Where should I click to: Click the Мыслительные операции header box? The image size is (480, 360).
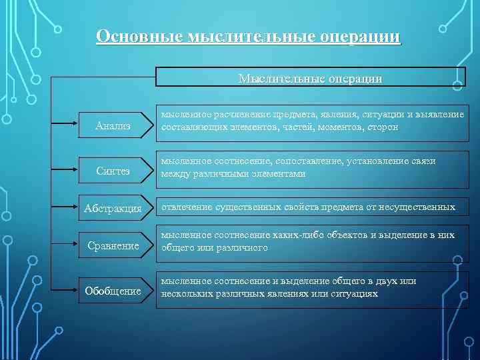(311, 77)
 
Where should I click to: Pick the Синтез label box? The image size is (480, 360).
(113, 172)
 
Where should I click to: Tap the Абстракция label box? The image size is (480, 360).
(113, 209)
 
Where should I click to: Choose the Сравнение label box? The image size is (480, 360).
(113, 245)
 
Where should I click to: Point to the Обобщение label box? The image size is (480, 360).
(113, 291)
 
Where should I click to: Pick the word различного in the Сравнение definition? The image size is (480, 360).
(238, 247)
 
